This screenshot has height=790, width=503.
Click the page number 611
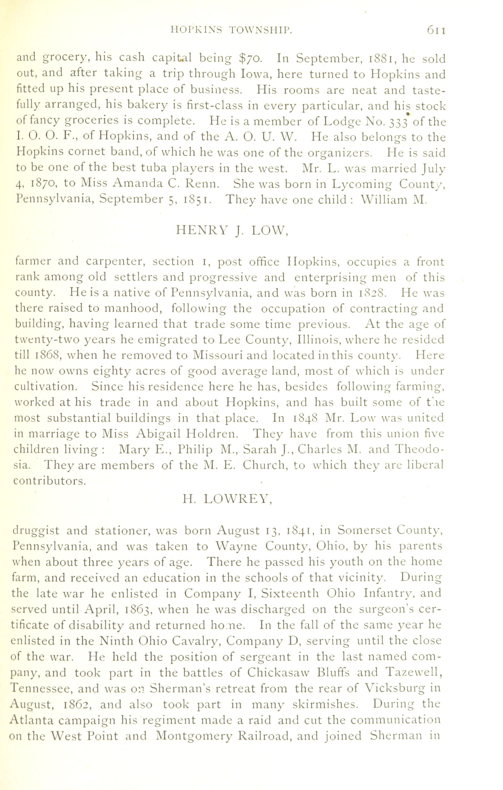pyautogui.click(x=436, y=31)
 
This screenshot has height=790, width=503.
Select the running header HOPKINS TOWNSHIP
pyautogui.click(x=232, y=31)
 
